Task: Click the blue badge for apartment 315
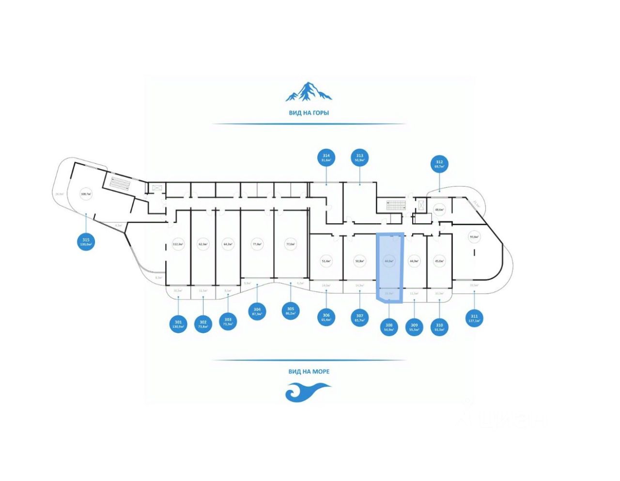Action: coord(86,241)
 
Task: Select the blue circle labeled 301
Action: coord(178,324)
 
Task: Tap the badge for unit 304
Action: coord(257,311)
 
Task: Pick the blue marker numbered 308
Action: coord(389,327)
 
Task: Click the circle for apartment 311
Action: coord(474,318)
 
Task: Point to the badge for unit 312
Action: coord(439,164)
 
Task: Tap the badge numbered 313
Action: coord(359,157)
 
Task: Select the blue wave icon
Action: coord(307,391)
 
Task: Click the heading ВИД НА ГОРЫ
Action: coord(309,113)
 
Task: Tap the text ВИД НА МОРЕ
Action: coord(309,372)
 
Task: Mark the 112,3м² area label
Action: coord(178,244)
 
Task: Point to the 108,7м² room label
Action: coord(86,194)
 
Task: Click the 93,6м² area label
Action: coord(474,237)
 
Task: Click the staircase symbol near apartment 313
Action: coord(395,206)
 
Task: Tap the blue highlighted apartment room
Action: coord(389,262)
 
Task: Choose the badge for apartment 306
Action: coord(326,317)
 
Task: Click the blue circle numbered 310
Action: coord(439,327)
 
